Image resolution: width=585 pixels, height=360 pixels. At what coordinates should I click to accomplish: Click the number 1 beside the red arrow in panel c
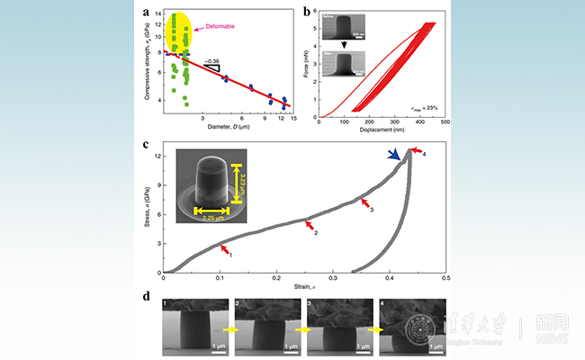231,256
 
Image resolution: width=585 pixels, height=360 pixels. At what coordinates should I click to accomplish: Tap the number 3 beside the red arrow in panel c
372,209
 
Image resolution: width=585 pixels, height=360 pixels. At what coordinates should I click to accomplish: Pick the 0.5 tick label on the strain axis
445,279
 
